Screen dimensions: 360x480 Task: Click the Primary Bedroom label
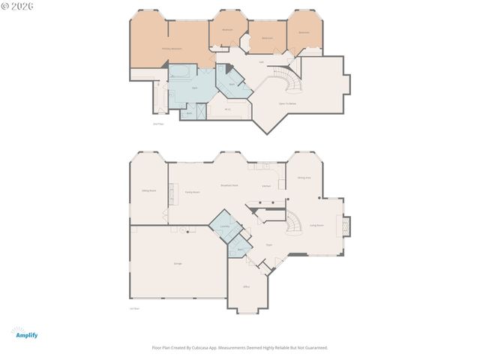click(x=172, y=49)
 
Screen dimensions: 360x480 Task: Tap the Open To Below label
click(x=286, y=103)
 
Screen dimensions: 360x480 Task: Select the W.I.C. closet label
click(x=227, y=110)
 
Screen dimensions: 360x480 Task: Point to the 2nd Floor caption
click(x=157, y=123)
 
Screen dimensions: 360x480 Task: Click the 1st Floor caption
click(x=134, y=307)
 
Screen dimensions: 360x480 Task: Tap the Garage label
click(x=178, y=264)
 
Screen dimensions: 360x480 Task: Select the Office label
click(x=245, y=287)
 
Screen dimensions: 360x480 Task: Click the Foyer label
click(x=268, y=244)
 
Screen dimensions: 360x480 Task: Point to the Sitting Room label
click(x=148, y=190)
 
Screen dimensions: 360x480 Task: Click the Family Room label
click(x=192, y=192)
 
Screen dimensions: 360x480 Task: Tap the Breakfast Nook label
click(x=229, y=185)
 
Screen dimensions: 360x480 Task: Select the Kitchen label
click(x=266, y=185)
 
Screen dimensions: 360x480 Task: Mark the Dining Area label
click(x=304, y=178)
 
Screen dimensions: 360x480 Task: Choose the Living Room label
click(x=316, y=225)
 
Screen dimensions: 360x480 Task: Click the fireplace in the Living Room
click(x=346, y=226)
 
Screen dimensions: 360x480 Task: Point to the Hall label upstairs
click(x=261, y=62)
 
